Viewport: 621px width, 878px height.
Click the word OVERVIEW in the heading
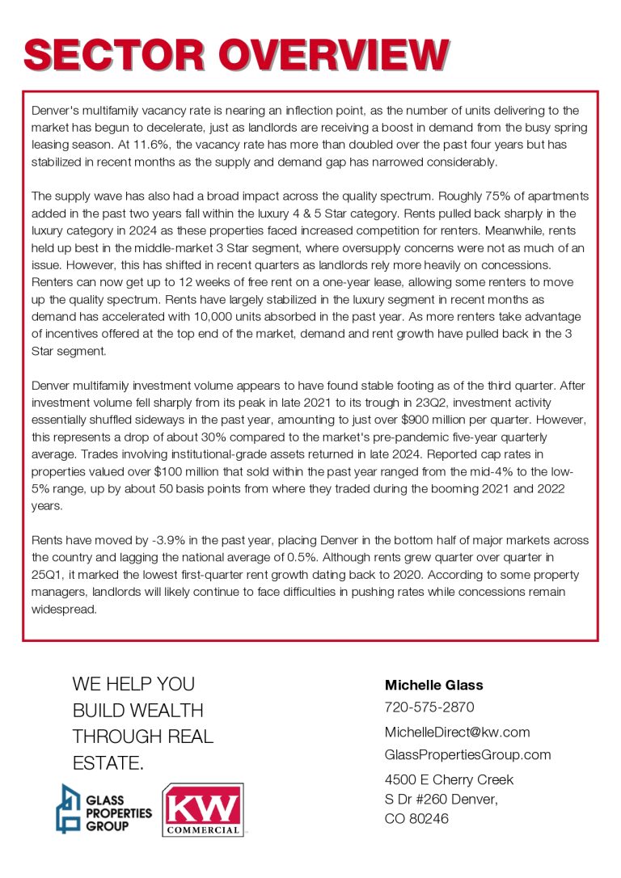(x=332, y=55)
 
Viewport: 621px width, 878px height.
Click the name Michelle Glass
(x=433, y=685)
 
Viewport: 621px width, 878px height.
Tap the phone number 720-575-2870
(x=429, y=707)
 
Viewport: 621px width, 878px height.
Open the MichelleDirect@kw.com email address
(x=457, y=732)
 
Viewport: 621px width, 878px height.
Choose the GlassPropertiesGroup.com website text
(x=467, y=754)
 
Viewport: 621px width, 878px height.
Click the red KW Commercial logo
(x=203, y=809)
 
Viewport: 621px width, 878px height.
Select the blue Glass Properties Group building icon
(x=68, y=808)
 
